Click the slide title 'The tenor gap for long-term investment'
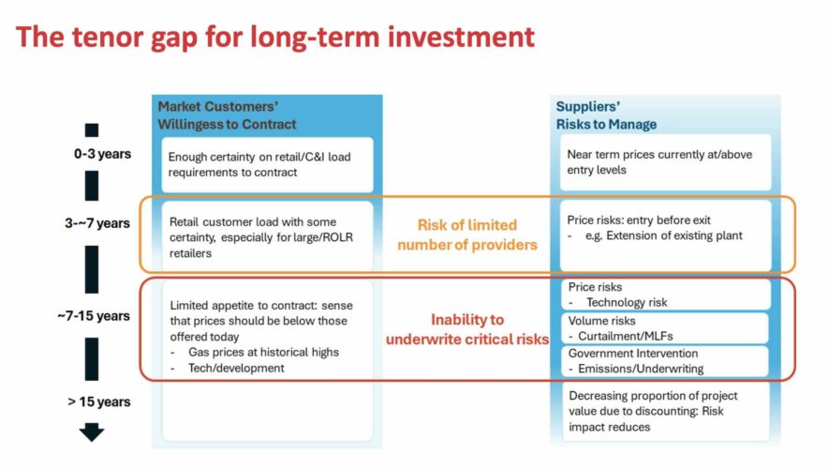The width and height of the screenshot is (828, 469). point(275,38)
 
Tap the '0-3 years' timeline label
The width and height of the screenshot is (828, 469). point(102,154)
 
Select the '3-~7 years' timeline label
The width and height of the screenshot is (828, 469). point(97,223)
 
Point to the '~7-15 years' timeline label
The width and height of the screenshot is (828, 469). point(94,316)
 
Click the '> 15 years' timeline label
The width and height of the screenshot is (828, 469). point(98,401)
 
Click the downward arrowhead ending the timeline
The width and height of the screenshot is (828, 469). point(92,432)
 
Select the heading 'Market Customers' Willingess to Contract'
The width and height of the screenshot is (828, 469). point(227,115)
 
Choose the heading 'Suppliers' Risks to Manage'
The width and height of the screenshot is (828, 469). point(606,115)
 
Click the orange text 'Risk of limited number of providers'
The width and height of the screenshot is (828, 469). point(467,234)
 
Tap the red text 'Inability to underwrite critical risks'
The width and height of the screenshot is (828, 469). point(467,329)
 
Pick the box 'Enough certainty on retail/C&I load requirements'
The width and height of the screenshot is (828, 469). point(267,164)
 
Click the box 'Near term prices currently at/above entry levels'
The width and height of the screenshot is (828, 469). point(665,162)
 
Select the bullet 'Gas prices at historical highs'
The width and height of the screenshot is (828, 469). point(255,352)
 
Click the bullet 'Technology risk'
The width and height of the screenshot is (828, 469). point(618,302)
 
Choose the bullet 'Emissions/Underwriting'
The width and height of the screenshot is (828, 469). point(636,369)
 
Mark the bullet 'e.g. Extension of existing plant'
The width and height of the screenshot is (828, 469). point(655,235)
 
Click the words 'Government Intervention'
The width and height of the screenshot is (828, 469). point(633,354)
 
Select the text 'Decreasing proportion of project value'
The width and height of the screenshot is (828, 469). point(653,403)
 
